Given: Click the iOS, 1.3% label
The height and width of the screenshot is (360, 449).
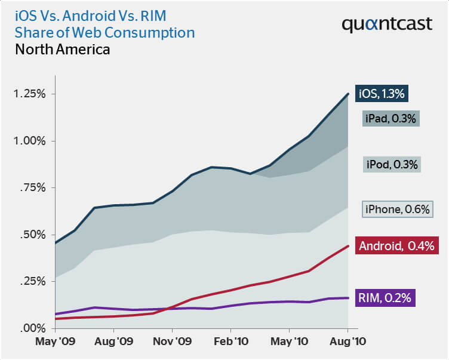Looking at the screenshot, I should tap(382, 93).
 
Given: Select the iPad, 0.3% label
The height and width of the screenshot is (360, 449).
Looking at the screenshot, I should tap(390, 118).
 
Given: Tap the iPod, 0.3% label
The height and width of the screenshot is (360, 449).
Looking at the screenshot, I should tap(391, 164).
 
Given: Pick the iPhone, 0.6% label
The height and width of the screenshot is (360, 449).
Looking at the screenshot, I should tap(398, 209).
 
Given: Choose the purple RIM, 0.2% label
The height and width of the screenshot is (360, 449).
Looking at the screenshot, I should tap(385, 297).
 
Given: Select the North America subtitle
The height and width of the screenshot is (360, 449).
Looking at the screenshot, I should tap(62, 50).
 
